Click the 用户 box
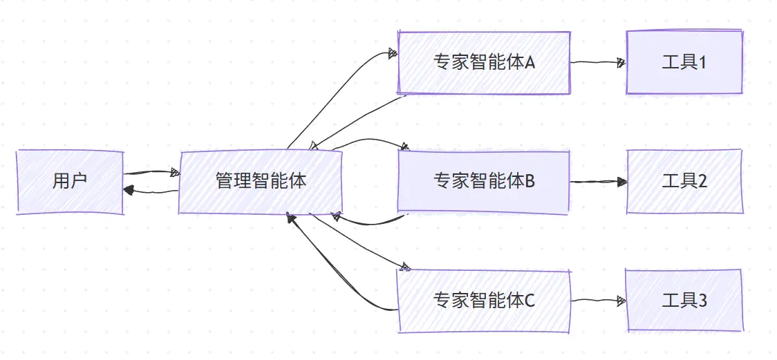point(69,182)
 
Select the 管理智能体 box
point(261,182)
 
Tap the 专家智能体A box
point(484,63)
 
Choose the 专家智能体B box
point(484,181)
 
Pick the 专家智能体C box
point(484,301)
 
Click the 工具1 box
point(684,63)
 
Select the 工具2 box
point(684,181)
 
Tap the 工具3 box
point(684,301)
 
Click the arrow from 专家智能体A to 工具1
point(598,62)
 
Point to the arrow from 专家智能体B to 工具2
point(598,182)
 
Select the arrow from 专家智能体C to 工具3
point(598,301)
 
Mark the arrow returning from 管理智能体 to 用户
point(152,191)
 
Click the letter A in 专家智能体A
point(530,63)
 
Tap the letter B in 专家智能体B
point(530,181)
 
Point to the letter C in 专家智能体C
point(530,301)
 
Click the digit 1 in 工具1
point(702,63)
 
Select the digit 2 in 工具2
point(702,181)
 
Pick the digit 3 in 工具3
point(702,301)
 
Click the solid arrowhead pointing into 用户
point(128,189)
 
